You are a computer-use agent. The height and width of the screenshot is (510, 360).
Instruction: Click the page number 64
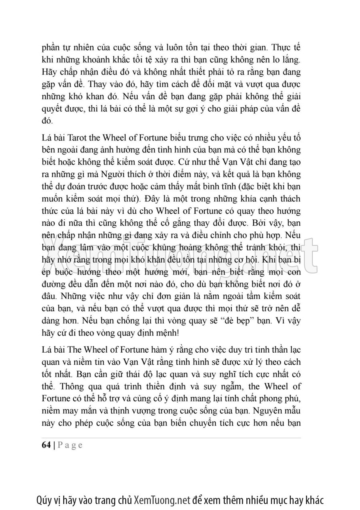(46, 445)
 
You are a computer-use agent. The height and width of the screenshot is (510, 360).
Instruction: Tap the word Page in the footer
(70, 446)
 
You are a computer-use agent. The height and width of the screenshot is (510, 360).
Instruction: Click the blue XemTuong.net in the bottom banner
(162, 500)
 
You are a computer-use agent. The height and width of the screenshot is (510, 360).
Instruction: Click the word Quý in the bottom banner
(44, 500)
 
